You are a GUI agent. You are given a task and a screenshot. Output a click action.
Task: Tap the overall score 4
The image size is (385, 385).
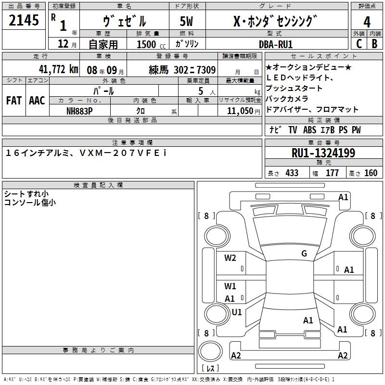367,22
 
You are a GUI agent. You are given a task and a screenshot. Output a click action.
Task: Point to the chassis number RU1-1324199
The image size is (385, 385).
323,154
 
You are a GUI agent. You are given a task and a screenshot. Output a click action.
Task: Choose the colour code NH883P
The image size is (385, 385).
79,110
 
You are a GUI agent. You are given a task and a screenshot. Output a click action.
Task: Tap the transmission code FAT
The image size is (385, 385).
14,101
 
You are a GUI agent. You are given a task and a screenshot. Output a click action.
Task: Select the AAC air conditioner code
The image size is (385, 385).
37,101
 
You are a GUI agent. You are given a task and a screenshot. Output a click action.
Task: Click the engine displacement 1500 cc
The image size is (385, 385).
146,44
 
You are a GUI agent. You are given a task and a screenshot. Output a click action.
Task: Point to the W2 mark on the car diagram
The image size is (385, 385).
230,258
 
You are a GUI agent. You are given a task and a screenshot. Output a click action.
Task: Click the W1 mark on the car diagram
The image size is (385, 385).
230,286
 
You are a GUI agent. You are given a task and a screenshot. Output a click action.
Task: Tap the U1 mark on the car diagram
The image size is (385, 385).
237,312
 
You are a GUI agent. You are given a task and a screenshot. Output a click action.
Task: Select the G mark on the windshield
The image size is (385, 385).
304,254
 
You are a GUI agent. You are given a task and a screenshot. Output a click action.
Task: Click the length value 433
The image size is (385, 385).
292,173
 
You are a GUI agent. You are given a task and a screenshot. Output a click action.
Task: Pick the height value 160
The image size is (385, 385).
371,173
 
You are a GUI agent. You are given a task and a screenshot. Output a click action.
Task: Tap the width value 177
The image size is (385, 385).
332,173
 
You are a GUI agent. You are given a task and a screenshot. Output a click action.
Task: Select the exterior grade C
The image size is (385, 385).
359,43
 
